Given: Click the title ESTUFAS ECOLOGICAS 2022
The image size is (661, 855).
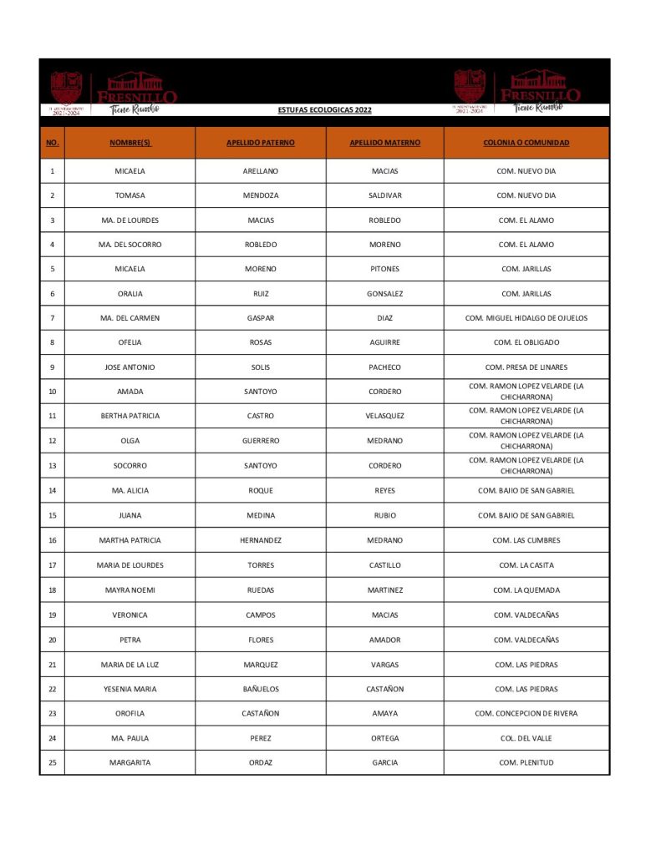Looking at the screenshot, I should (324, 110).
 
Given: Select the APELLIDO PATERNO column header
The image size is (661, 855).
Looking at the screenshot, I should (261, 143).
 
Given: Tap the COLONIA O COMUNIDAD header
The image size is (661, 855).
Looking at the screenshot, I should (526, 143).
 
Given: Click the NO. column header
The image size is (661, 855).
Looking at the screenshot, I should (52, 143).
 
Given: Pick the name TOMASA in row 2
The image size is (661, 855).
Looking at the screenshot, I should (130, 195).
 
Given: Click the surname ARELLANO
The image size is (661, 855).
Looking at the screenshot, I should (261, 171).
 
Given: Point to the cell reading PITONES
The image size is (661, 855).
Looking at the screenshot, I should (384, 269).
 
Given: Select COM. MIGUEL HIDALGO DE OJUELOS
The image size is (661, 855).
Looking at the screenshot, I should (526, 318).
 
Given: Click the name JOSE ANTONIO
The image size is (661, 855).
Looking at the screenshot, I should (130, 367).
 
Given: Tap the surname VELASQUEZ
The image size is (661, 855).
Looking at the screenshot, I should (384, 416).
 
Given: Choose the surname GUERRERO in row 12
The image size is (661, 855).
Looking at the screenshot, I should (261, 441).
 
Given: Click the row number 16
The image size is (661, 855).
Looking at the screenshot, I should (52, 540).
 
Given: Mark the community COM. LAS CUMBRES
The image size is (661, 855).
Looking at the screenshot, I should (526, 540).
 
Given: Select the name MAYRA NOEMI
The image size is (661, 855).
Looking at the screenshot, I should (130, 590).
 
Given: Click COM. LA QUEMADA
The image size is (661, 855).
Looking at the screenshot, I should (526, 590).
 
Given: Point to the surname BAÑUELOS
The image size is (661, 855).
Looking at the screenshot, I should (261, 690).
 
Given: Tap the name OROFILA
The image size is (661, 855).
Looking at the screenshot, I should (130, 714).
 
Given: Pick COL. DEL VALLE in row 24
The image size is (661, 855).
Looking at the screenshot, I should (526, 738).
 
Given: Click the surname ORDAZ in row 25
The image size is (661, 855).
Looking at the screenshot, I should (261, 762).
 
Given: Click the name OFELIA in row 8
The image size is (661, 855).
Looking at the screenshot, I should (130, 342).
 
